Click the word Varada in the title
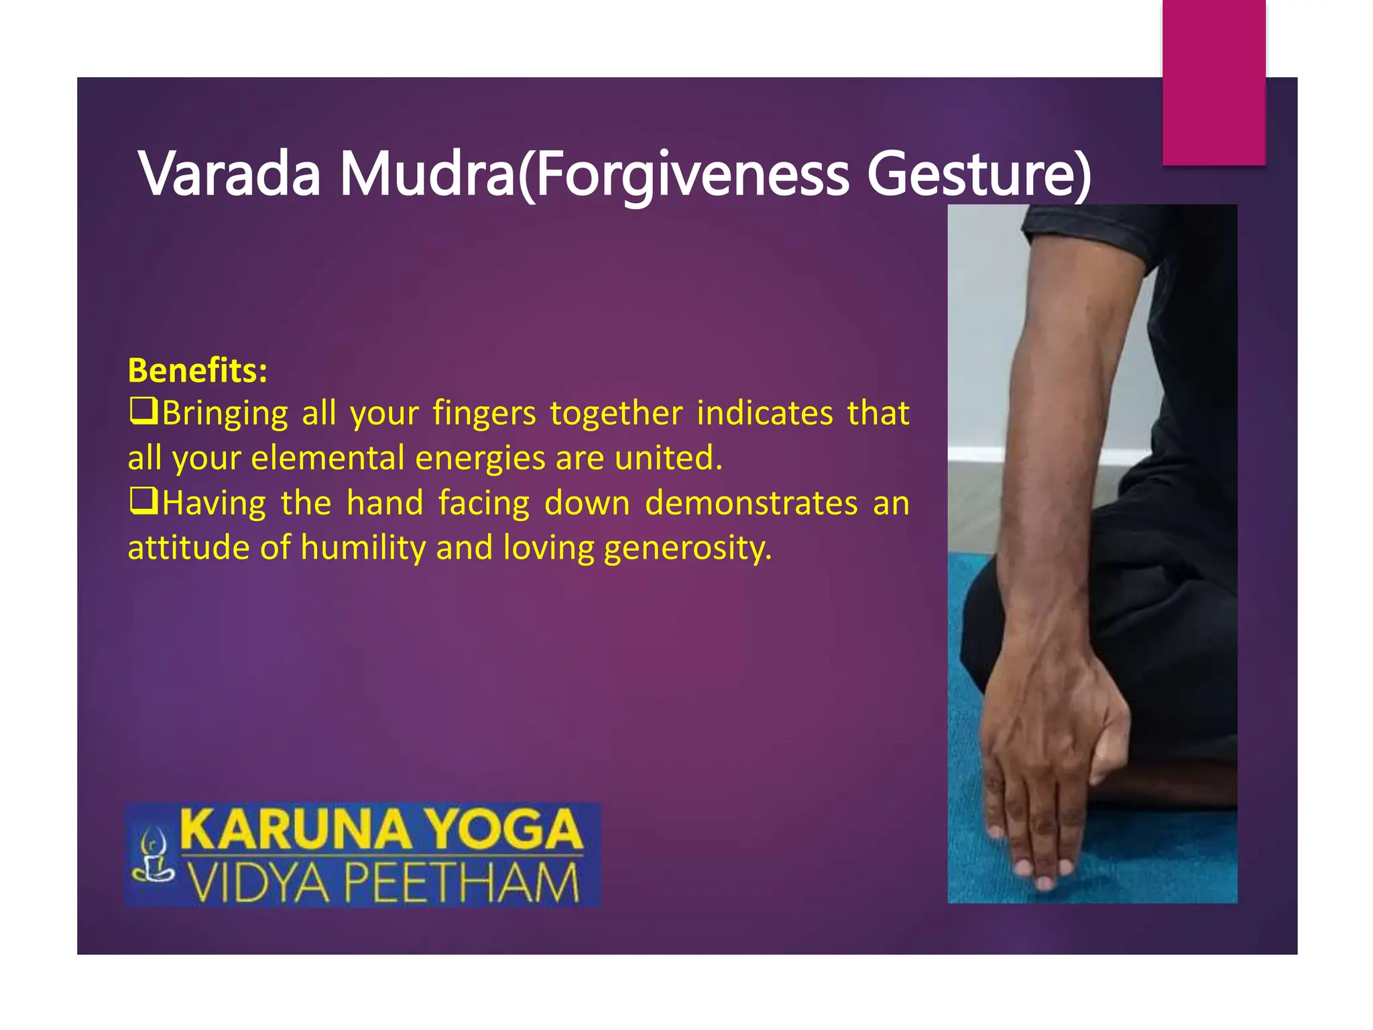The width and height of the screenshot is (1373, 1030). coord(230,174)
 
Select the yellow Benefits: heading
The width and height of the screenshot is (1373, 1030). coord(198,370)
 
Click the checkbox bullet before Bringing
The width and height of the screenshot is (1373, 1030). coord(143,410)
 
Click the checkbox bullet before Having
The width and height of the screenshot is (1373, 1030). coord(143,501)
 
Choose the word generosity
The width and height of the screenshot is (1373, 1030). coord(688,548)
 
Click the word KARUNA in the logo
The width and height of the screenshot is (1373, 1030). coord(296,829)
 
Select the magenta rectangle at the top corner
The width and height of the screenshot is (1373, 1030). coord(1213,82)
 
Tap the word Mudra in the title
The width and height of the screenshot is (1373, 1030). coord(428,174)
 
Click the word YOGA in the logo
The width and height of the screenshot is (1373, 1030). coord(505,829)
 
